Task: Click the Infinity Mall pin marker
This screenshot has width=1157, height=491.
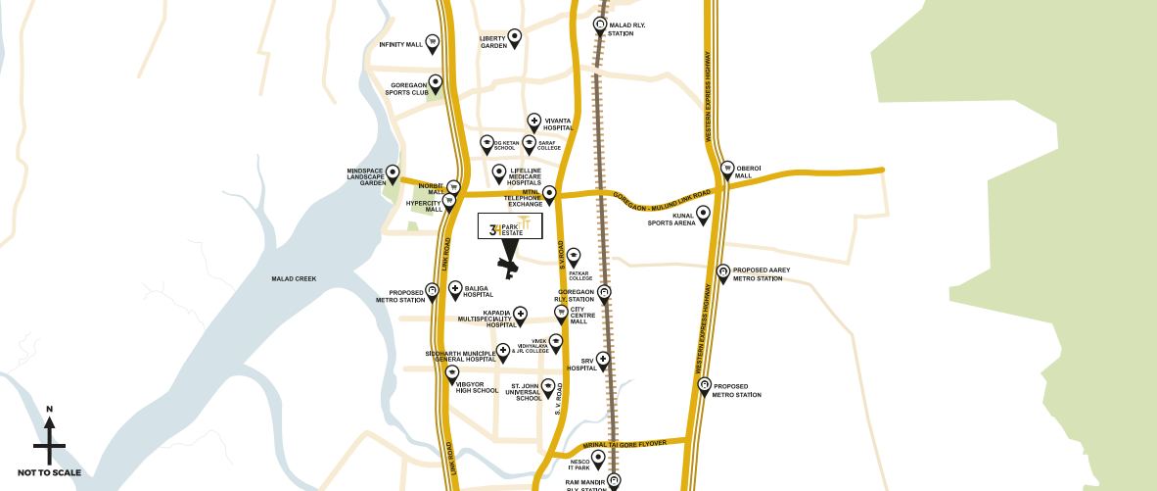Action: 432,43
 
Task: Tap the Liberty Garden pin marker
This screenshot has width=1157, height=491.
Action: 514,37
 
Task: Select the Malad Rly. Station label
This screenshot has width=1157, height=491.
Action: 621,30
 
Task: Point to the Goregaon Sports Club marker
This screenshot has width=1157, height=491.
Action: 436,82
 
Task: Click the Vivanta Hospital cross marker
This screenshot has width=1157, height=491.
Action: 534,122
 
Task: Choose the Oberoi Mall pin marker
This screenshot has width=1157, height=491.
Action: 727,169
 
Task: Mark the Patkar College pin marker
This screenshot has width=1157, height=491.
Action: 574,256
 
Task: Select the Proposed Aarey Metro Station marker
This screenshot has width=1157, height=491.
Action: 722,272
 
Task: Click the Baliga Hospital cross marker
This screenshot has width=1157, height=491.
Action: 455,288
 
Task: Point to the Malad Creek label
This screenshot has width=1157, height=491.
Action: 294,279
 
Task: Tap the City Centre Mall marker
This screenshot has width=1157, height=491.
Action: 561,313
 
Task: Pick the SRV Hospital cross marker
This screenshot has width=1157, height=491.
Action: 603,360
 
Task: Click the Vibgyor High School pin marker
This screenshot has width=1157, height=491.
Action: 452,373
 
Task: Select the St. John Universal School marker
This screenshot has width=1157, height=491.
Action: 548,386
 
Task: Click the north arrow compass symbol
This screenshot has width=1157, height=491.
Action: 49,440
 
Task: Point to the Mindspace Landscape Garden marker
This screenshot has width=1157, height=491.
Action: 393,172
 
